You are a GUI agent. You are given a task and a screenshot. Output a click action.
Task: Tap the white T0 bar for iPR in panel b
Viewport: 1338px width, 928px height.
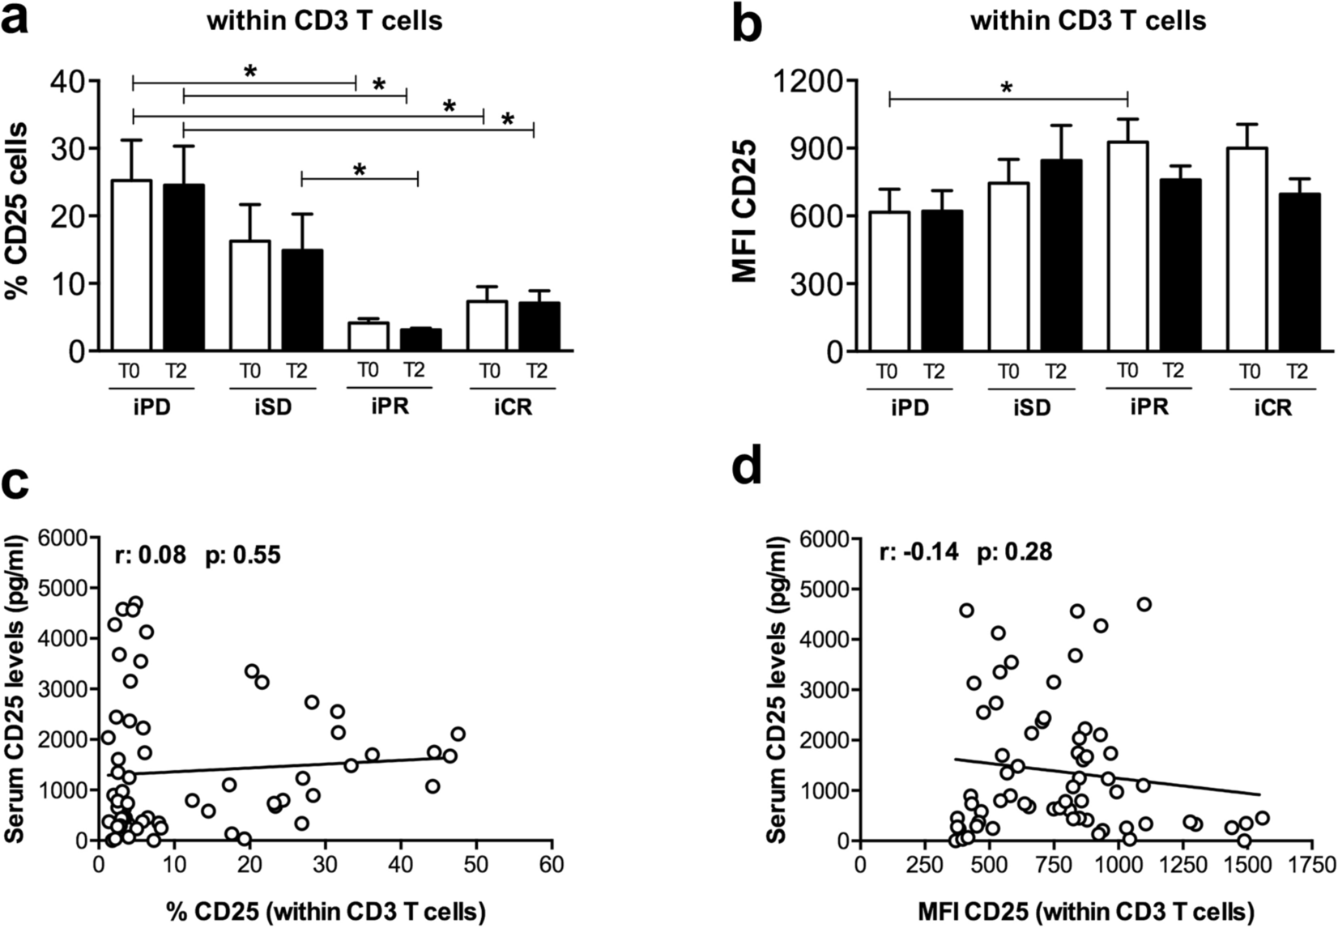1127,247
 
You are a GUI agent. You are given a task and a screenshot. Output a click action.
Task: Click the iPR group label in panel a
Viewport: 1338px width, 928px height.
390,406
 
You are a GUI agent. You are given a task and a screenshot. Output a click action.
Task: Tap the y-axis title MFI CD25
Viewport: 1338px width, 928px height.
744,211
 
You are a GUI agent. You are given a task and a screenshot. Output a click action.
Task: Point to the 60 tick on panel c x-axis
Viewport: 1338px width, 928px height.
552,864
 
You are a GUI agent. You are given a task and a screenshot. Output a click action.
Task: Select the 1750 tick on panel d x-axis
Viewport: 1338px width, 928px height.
1312,864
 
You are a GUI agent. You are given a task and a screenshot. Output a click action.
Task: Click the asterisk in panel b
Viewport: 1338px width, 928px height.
1007,87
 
